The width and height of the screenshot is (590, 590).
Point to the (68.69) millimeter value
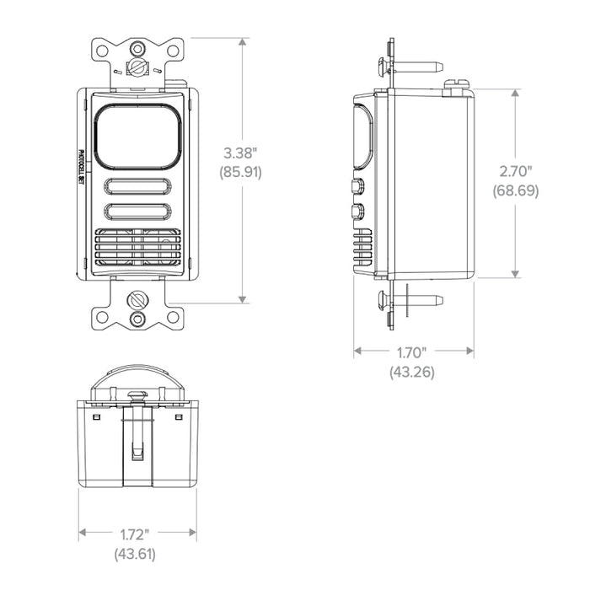(515, 191)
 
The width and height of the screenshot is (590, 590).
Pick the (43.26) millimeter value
(412, 371)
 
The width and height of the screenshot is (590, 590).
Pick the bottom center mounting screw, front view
(137, 299)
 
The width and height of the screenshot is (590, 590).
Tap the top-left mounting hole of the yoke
(102, 51)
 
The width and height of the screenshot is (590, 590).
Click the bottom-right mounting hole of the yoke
(172, 317)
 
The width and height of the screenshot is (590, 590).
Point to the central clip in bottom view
(136, 438)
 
